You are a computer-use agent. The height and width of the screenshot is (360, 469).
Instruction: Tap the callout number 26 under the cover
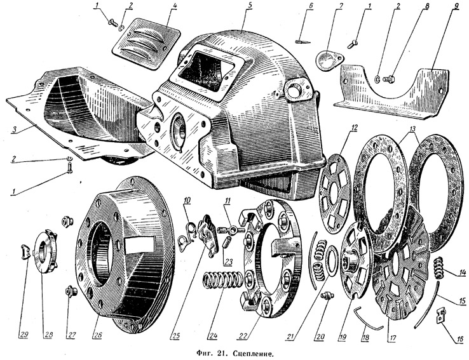[97, 335]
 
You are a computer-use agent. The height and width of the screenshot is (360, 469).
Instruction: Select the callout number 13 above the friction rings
[412, 129]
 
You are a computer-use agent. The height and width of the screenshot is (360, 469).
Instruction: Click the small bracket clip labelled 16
[440, 316]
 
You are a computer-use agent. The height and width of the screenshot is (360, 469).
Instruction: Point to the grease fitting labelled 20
[327, 296]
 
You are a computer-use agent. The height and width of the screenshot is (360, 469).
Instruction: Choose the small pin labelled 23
[228, 241]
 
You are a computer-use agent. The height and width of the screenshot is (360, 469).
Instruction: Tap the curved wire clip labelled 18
[367, 320]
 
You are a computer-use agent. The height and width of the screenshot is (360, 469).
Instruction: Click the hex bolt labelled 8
[388, 79]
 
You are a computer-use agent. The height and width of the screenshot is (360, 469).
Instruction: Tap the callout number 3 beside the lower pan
[15, 129]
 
